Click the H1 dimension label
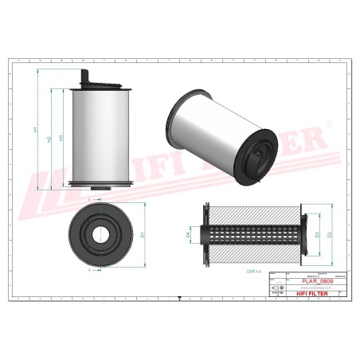coord(35,131)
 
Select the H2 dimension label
coord(49,139)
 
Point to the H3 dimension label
coord(61,139)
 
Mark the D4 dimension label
coord(189,235)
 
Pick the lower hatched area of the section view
coord(253,255)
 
